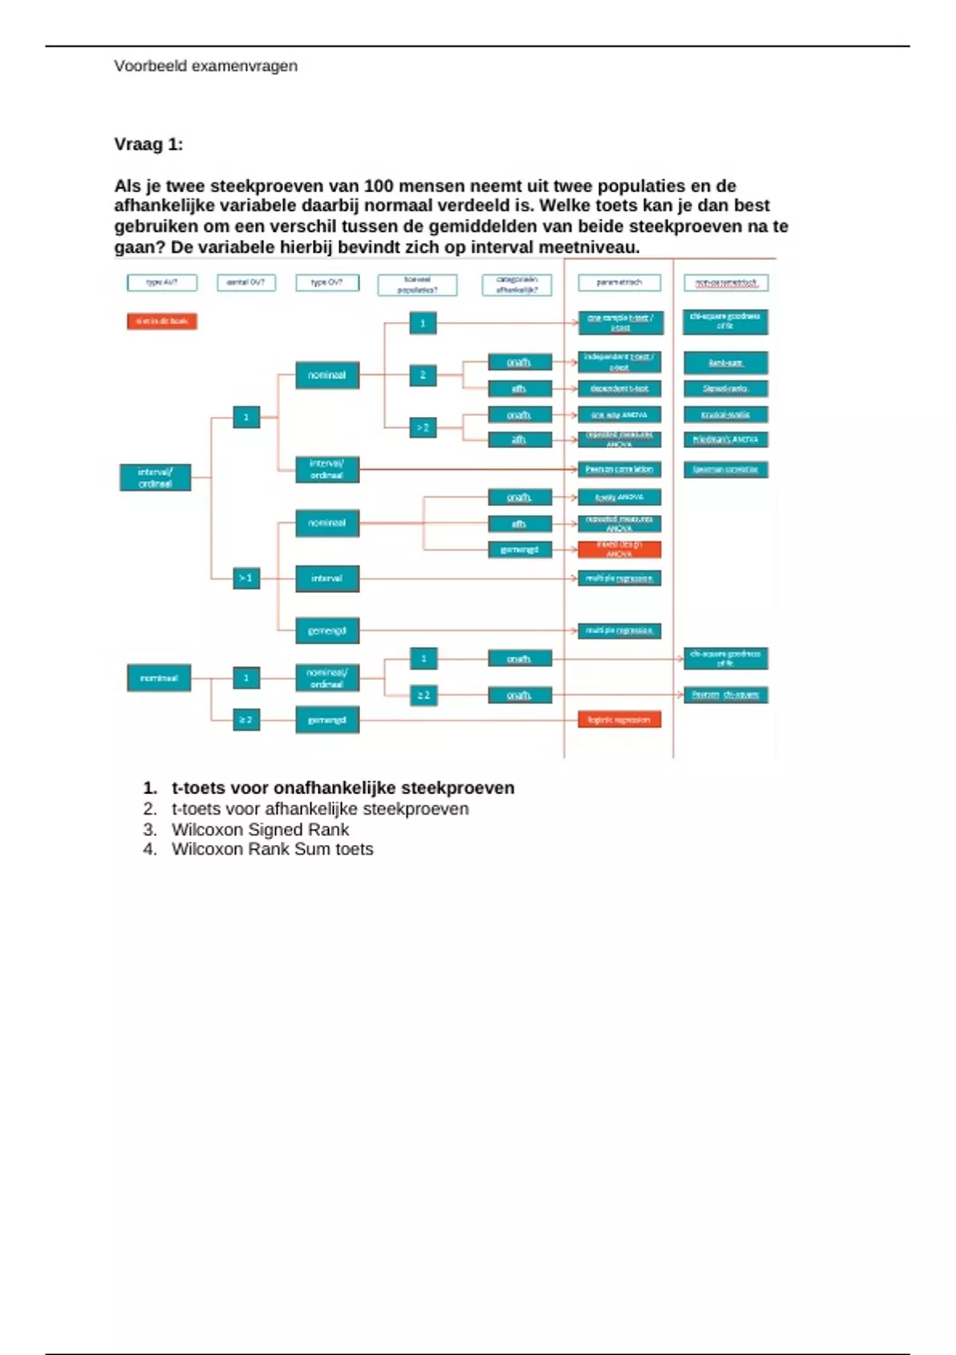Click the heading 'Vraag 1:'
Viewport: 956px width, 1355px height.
148,144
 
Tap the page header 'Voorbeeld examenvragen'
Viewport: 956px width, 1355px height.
206,66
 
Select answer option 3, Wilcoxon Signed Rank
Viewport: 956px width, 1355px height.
260,830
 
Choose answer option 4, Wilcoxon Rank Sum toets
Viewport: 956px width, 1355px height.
272,850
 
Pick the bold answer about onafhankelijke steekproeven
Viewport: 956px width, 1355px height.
343,788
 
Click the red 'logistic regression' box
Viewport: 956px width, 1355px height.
619,720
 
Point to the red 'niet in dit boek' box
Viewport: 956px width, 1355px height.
162,321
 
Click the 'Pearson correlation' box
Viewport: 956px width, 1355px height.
619,469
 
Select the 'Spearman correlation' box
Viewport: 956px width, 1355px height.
725,469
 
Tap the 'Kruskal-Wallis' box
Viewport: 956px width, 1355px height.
725,414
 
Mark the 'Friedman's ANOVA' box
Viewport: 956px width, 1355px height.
725,439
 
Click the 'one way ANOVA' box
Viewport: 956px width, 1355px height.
619,414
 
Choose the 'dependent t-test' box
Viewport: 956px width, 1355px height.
619,389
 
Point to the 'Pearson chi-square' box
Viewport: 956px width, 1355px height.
725,695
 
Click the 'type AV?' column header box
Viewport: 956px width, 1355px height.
162,282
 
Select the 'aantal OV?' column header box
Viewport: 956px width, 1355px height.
246,282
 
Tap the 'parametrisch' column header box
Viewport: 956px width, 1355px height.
619,282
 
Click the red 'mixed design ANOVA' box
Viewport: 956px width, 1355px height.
619,549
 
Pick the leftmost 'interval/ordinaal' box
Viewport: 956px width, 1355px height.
155,477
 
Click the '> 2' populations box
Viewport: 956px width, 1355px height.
423,428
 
